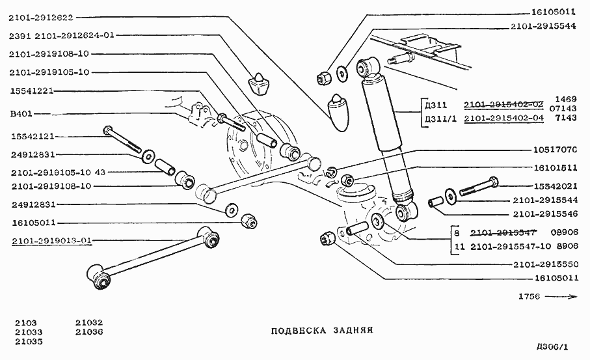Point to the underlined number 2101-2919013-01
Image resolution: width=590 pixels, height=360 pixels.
click(x=51, y=240)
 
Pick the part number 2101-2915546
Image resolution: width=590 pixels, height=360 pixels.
click(x=545, y=214)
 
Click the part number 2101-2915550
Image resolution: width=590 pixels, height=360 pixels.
click(x=545, y=265)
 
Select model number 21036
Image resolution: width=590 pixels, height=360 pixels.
click(x=88, y=331)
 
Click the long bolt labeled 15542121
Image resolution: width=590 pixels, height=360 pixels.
click(x=124, y=139)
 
